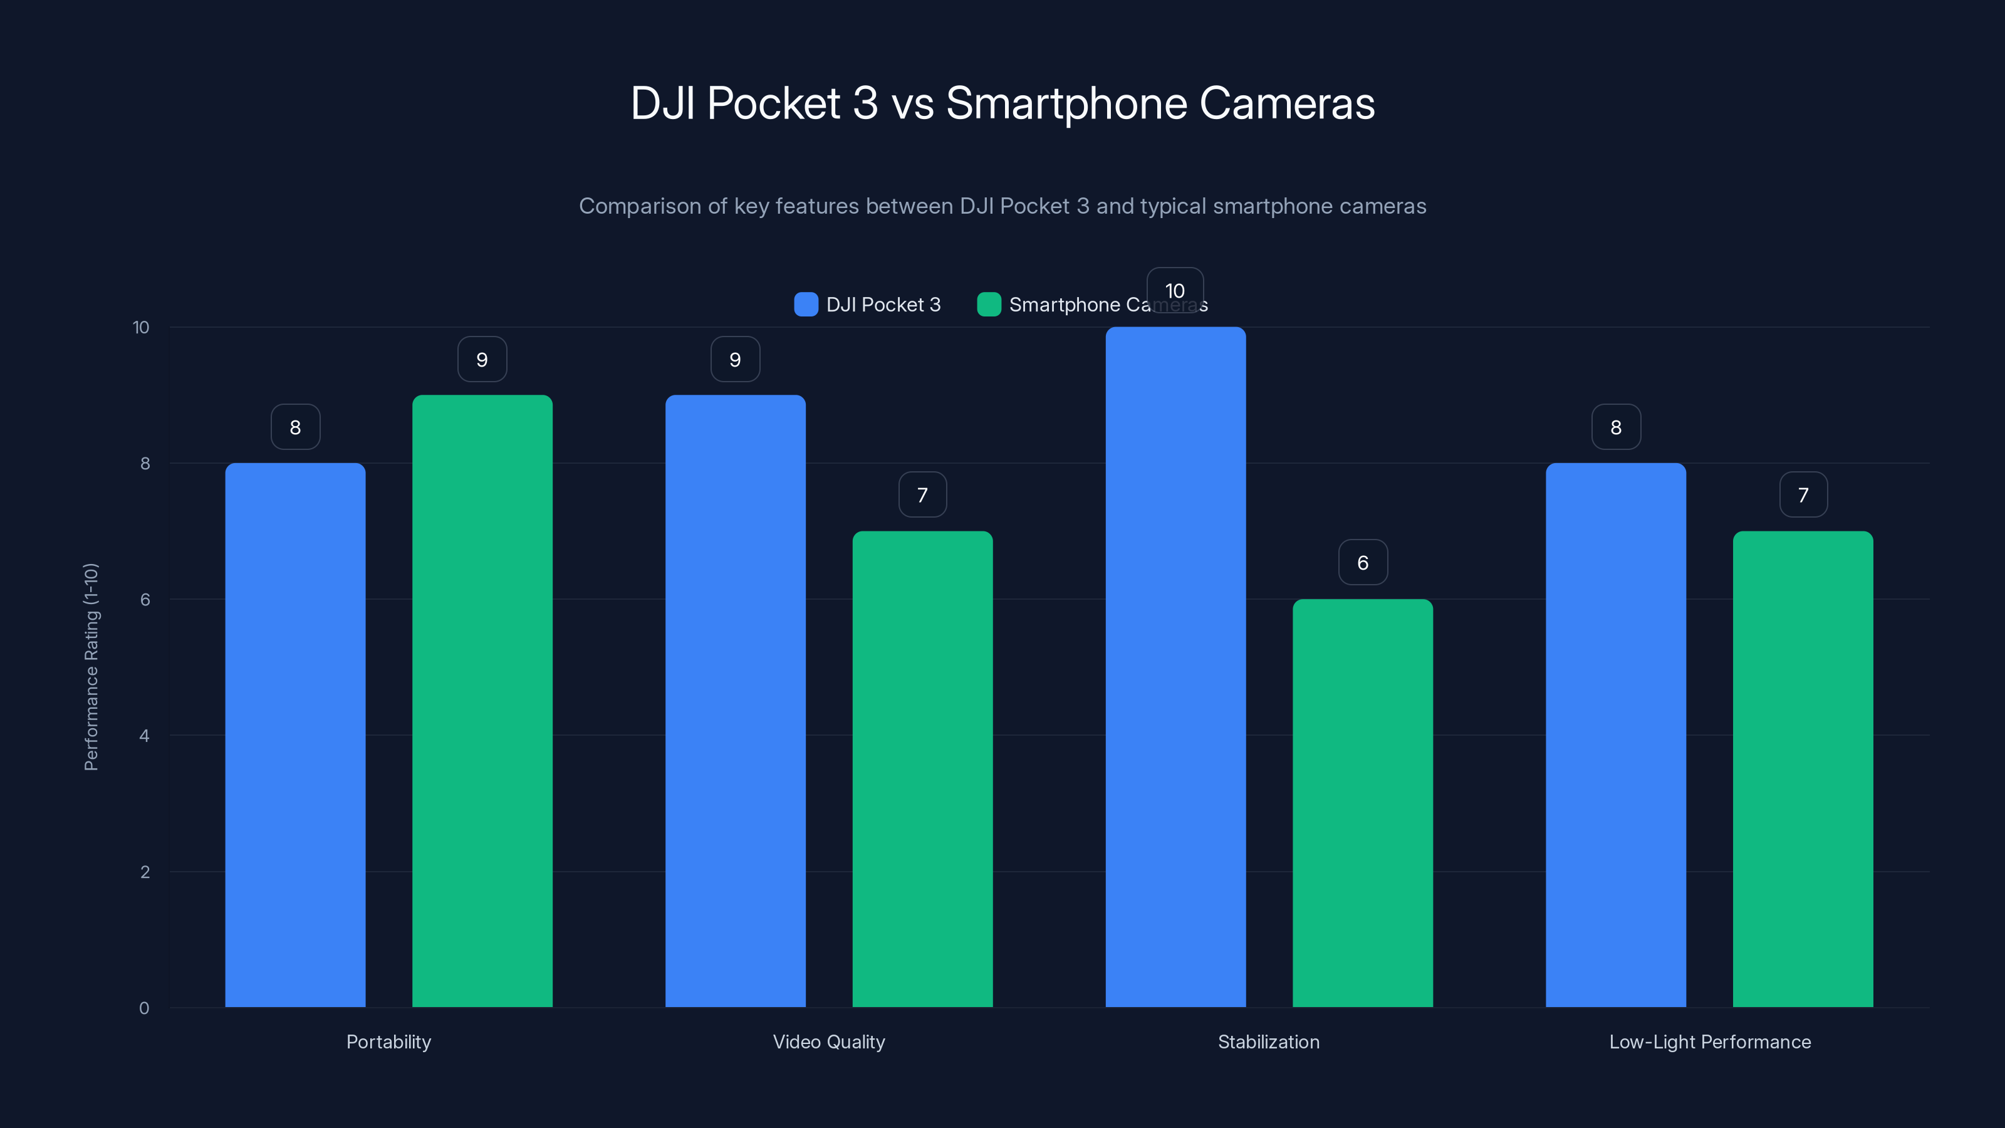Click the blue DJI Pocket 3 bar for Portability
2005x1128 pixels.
pos(295,735)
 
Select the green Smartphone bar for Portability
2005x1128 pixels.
pos(482,701)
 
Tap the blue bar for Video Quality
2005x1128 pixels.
pos(735,701)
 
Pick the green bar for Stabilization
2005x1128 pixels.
pos(1362,803)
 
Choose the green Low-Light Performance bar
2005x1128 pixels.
pos(1803,769)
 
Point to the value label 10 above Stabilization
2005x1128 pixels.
pos(1175,290)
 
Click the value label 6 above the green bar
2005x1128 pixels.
pos(1362,562)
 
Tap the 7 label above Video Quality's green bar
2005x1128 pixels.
pos(922,494)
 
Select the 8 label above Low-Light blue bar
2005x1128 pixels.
pos(1616,427)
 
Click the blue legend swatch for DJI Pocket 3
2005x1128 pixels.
pos(806,305)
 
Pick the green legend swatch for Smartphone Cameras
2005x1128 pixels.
pos(989,305)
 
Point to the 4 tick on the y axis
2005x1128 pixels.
pos(144,736)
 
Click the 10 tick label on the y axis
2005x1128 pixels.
pos(141,327)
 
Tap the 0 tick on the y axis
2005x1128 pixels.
pos(144,1008)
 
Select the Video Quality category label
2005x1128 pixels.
pos(828,1042)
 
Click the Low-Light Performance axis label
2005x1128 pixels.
pos(1709,1042)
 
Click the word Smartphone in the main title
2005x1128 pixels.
pos(1066,103)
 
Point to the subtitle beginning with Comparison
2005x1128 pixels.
pos(1002,206)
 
